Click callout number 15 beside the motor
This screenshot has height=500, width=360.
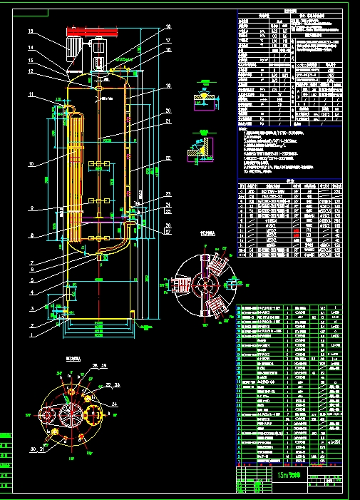31,32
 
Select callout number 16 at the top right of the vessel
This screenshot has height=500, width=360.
168,27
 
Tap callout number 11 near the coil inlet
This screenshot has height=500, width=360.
31,95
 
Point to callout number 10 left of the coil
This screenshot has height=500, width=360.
31,164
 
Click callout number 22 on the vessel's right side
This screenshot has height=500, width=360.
168,158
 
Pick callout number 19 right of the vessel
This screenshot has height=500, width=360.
168,86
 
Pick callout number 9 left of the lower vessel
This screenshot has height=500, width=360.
31,208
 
